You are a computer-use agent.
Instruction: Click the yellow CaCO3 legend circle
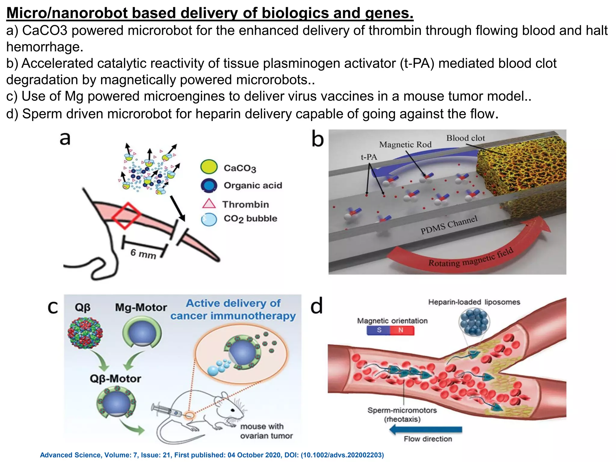pyautogui.click(x=209, y=167)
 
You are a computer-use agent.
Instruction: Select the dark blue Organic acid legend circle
pyautogui.click(x=209, y=185)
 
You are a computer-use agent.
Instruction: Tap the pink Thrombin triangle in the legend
pyautogui.click(x=209, y=204)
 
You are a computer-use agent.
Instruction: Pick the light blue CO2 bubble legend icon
pyautogui.click(x=209, y=219)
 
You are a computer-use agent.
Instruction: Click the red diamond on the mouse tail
pyautogui.click(x=126, y=215)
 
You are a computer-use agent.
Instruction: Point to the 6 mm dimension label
pyautogui.click(x=143, y=254)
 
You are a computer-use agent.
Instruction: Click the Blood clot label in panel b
pyautogui.click(x=465, y=138)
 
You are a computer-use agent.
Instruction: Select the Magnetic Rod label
pyautogui.click(x=405, y=145)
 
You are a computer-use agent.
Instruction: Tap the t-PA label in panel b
pyautogui.click(x=369, y=157)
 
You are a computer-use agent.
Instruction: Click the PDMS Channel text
pyautogui.click(x=449, y=225)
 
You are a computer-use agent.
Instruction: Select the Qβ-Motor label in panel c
pyautogui.click(x=115, y=379)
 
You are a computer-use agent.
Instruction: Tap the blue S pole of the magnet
pyautogui.click(x=379, y=330)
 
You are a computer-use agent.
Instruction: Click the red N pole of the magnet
pyautogui.click(x=402, y=330)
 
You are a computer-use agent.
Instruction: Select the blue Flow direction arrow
pyautogui.click(x=426, y=430)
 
